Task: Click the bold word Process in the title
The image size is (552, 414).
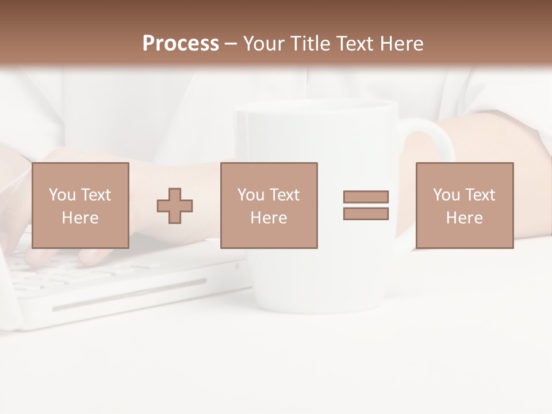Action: tap(181, 44)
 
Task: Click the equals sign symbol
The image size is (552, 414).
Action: tap(366, 205)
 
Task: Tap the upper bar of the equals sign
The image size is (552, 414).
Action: tap(366, 197)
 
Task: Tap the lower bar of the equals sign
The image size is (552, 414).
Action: tap(366, 213)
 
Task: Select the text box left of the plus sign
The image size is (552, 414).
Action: tap(80, 205)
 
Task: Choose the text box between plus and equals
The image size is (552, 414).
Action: tap(269, 205)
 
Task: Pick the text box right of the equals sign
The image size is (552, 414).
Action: tap(464, 205)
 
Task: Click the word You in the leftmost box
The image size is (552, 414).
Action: tap(62, 194)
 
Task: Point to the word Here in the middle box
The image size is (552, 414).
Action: tap(269, 217)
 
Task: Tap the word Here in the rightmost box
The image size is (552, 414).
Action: tap(464, 217)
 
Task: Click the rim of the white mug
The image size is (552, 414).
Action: tap(317, 107)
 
